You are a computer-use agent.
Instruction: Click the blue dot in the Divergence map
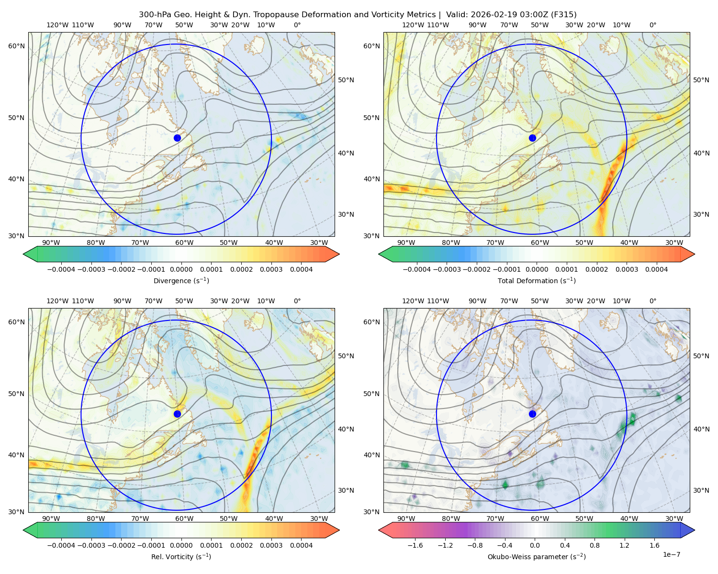(x=177, y=138)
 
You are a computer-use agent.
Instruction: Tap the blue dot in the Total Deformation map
(x=532, y=138)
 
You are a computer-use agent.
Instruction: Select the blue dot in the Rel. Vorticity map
(x=177, y=414)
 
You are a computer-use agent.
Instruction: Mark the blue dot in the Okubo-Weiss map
(x=532, y=414)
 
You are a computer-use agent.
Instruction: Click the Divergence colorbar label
(x=181, y=281)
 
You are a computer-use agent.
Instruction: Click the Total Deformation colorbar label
(x=537, y=281)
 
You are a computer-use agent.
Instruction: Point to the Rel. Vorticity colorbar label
(x=181, y=557)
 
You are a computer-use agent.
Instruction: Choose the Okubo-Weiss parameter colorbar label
(x=537, y=557)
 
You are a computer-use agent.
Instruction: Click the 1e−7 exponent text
(x=671, y=554)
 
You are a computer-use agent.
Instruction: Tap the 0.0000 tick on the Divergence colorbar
(x=181, y=269)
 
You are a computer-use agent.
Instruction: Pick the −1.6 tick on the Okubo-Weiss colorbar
(x=415, y=545)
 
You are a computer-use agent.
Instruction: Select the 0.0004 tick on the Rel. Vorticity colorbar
(x=301, y=545)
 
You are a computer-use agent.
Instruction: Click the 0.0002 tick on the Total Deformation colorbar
(x=596, y=269)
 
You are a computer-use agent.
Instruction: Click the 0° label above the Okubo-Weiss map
(x=653, y=301)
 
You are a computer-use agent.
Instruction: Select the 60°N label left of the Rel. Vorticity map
(x=16, y=322)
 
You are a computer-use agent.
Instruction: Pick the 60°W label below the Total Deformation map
(x=540, y=243)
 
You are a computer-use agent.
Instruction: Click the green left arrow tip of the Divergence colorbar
(x=23, y=254)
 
